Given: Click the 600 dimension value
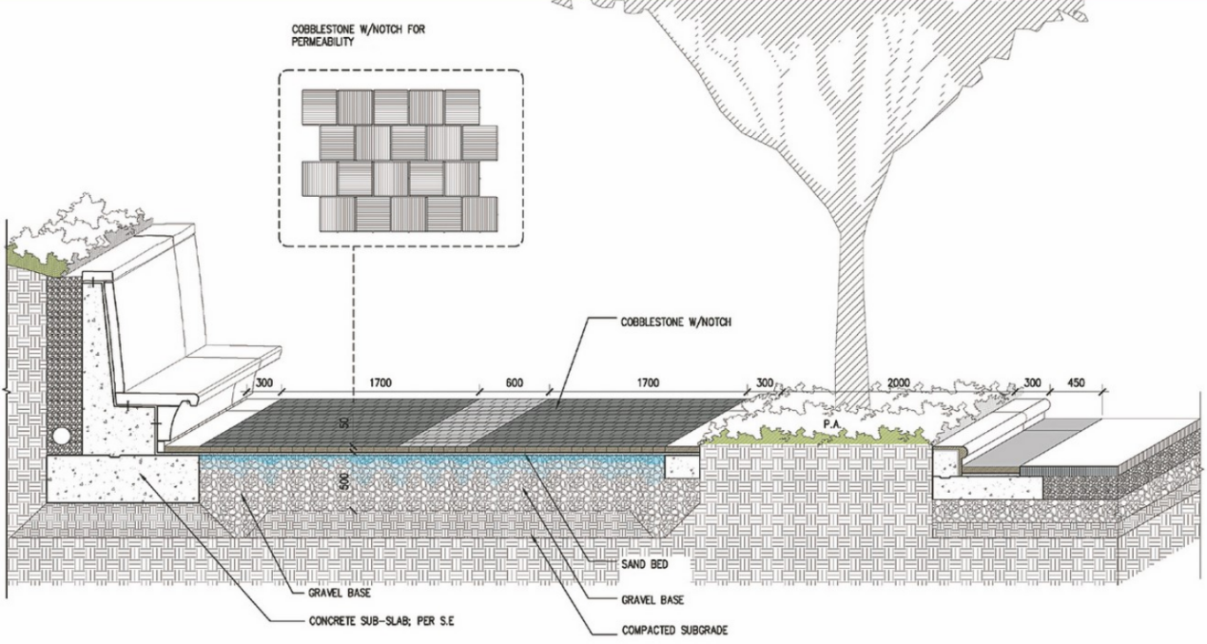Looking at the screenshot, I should (x=514, y=383).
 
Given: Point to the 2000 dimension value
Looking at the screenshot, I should (x=897, y=383).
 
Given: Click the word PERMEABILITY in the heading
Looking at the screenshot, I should (x=324, y=43).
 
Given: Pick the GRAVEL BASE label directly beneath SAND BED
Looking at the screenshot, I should (x=654, y=600).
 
